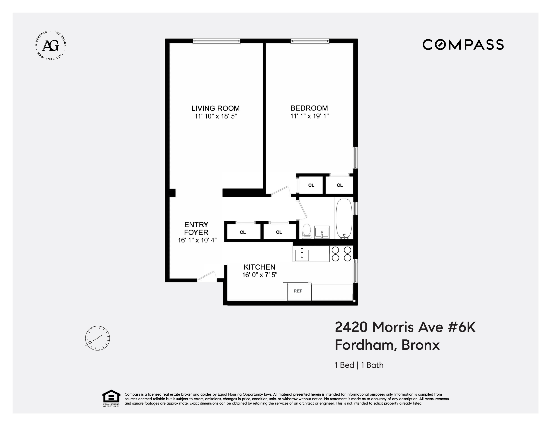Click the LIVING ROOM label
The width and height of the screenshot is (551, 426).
click(x=215, y=108)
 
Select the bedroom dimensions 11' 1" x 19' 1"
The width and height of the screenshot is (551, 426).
click(x=309, y=116)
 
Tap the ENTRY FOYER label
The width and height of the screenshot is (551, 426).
click(x=196, y=228)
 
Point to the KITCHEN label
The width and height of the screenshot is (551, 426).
click(x=259, y=267)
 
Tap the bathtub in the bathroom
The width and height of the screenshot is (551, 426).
click(x=344, y=218)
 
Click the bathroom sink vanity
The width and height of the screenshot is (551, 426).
click(x=322, y=232)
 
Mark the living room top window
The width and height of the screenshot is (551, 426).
click(x=216, y=41)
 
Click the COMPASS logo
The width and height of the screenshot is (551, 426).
click(x=463, y=45)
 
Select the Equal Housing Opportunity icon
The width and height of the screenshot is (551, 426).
click(x=111, y=398)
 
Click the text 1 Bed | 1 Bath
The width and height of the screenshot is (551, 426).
click(x=359, y=365)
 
